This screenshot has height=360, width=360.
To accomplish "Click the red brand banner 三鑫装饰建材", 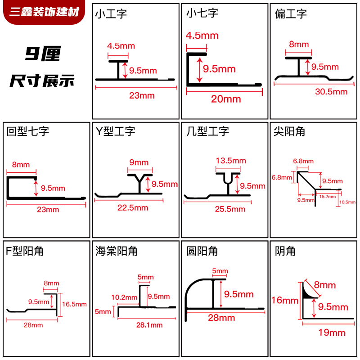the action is (44, 12).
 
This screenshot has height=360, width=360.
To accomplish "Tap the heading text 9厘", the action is (43, 54).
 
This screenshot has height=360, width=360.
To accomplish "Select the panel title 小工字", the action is (111, 14).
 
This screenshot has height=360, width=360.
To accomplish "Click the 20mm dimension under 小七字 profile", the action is (226, 99).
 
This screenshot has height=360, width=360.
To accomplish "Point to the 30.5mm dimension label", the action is (331, 92).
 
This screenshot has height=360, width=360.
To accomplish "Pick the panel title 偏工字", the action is (291, 14).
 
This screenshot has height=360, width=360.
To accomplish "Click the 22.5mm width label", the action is (133, 208).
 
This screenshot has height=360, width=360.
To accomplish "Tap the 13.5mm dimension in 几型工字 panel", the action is (231, 161).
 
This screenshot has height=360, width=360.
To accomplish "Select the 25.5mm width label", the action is (230, 209).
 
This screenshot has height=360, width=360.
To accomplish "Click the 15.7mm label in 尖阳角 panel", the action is (328, 197).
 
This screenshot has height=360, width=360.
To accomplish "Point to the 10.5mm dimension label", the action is (347, 202).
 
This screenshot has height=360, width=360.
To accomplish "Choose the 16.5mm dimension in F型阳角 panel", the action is (74, 305).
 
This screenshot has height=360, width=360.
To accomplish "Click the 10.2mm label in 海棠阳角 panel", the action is (124, 297).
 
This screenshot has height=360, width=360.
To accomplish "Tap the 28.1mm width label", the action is (149, 325).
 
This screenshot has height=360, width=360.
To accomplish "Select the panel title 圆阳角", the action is (202, 251).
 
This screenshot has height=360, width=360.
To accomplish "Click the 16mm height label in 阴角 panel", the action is (285, 300).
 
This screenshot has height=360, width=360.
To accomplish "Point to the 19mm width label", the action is (332, 333).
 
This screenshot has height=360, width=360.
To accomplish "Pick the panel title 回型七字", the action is (28, 131).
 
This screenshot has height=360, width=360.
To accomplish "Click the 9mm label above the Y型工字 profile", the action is (139, 162).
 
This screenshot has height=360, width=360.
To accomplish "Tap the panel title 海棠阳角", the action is (117, 251).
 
